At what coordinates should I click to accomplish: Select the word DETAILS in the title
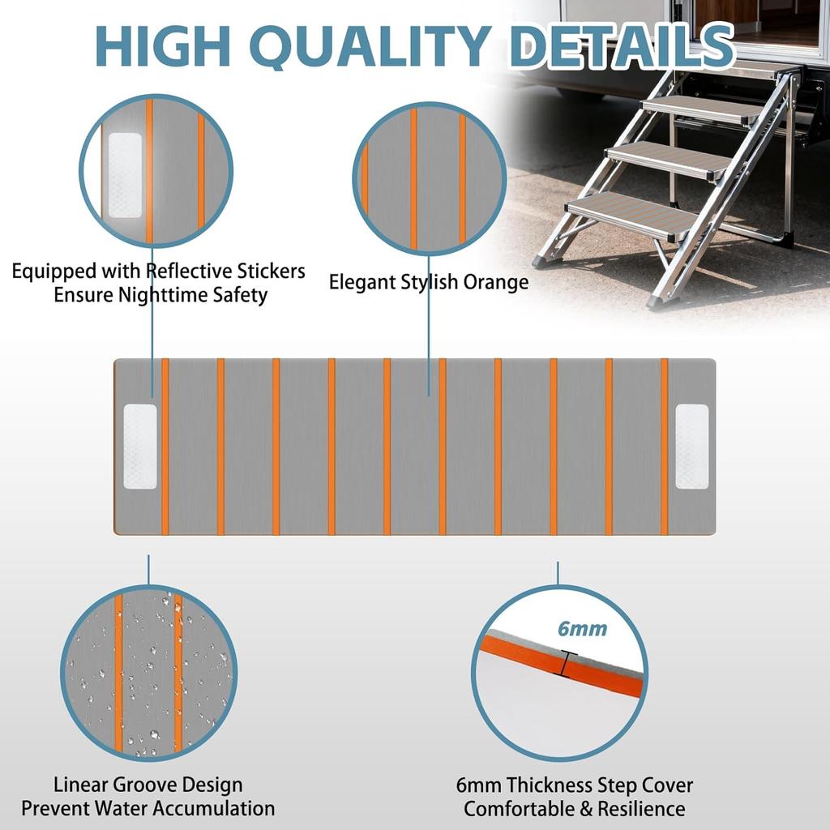pyautogui.click(x=620, y=48)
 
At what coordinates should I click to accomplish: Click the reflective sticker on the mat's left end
pyautogui.click(x=139, y=447)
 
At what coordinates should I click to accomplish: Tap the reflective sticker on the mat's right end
pyautogui.click(x=691, y=447)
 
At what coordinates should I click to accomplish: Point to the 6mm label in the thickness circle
pyautogui.click(x=582, y=628)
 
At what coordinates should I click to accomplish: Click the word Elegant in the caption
pyautogui.click(x=362, y=282)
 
